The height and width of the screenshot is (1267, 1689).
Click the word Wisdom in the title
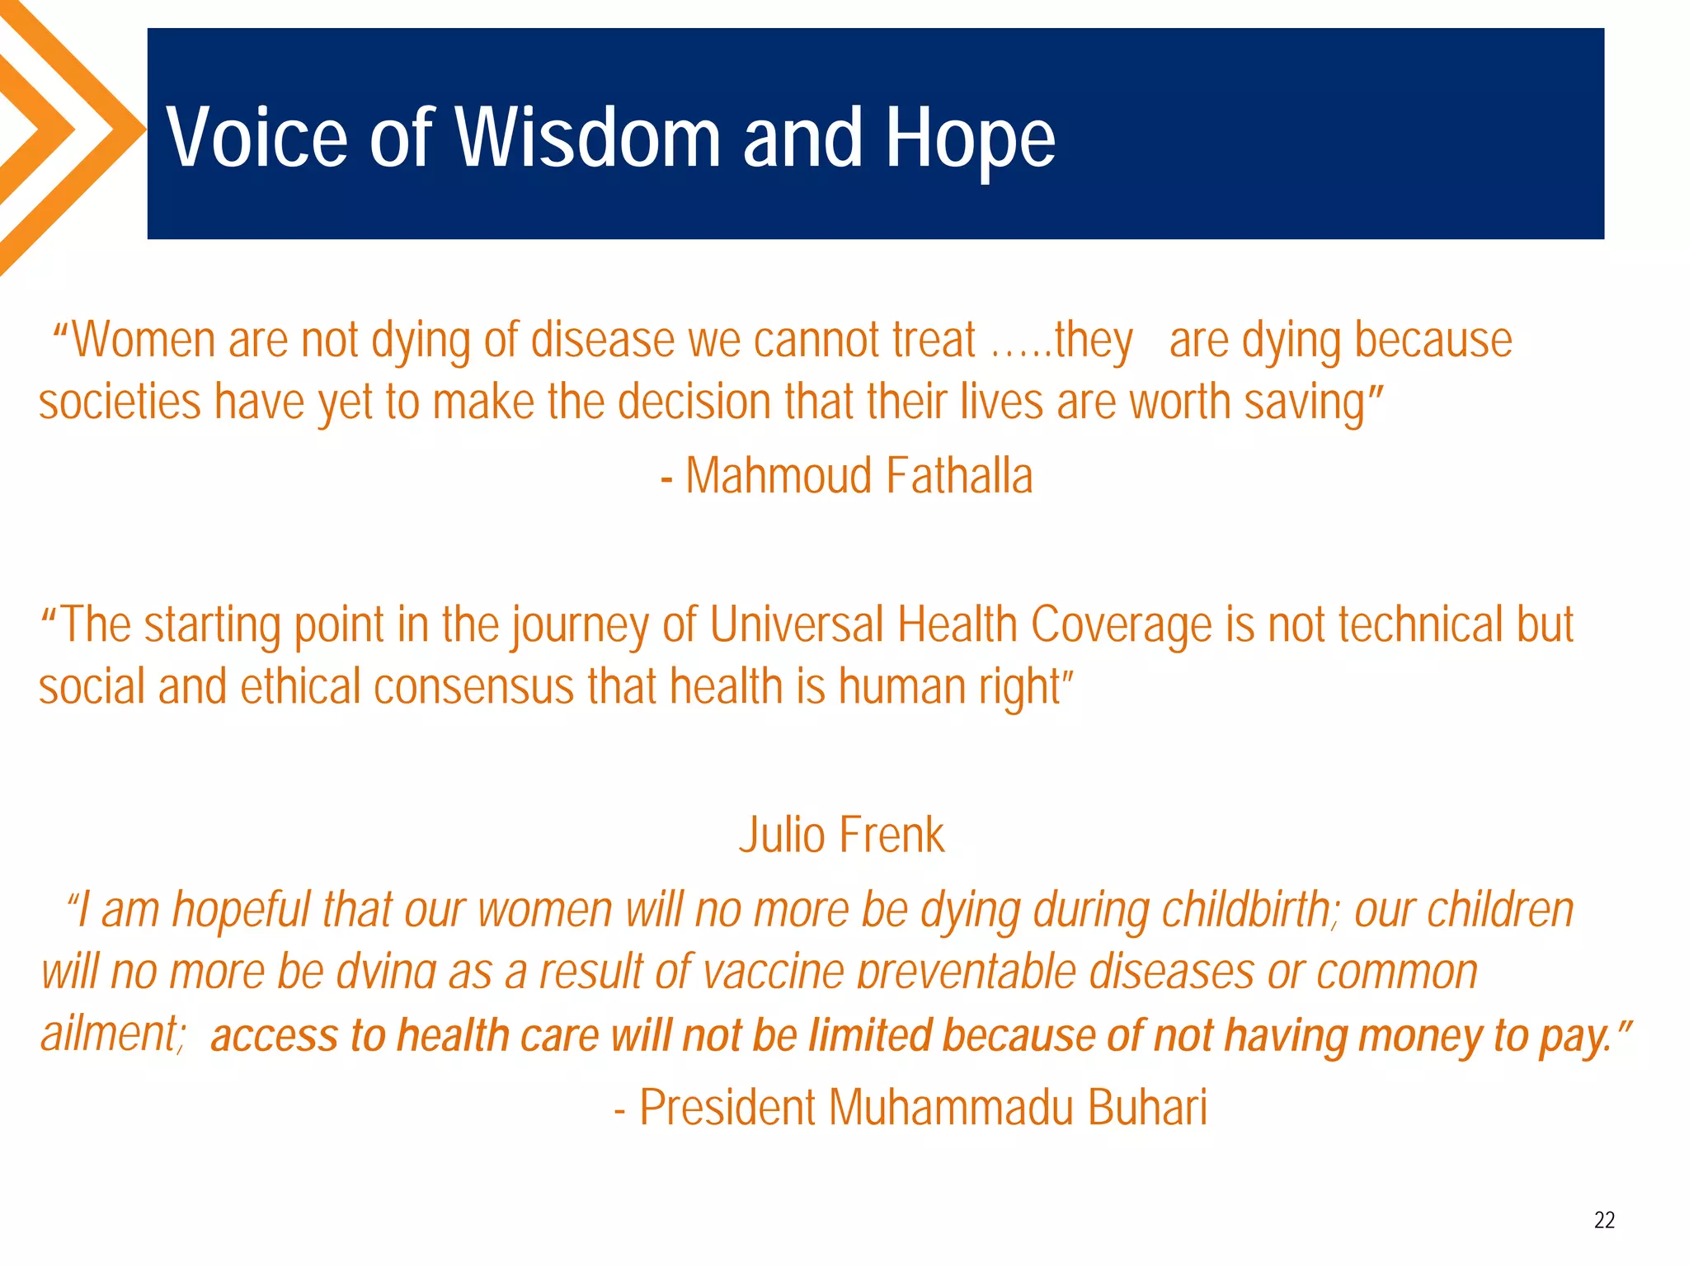589,137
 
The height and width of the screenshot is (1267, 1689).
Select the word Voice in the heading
257,137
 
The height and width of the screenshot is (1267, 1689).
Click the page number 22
1604,1220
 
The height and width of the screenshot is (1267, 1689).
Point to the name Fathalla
960,476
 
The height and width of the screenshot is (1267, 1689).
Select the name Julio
782,835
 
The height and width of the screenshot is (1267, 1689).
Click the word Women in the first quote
143,340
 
